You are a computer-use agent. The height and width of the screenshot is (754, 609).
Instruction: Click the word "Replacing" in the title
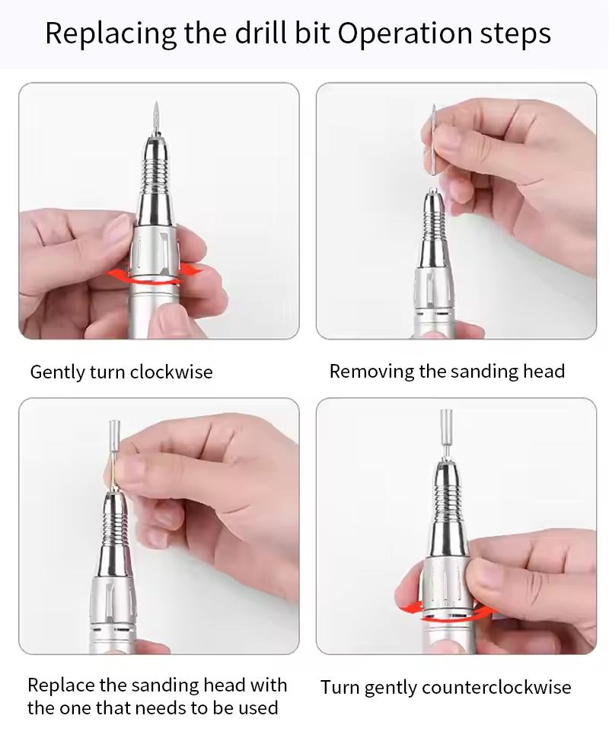tap(111, 34)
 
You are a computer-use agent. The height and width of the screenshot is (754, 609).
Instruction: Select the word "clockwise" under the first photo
tap(171, 372)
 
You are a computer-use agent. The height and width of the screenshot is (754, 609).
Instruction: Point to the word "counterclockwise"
tap(496, 687)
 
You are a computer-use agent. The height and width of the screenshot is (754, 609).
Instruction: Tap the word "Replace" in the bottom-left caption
tap(62, 685)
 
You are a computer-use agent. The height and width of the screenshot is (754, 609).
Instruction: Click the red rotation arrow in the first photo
tap(155, 275)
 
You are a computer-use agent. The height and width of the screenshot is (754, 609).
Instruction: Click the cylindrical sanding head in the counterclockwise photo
tap(447, 423)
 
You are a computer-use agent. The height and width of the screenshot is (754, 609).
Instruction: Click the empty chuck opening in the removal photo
tap(432, 191)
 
